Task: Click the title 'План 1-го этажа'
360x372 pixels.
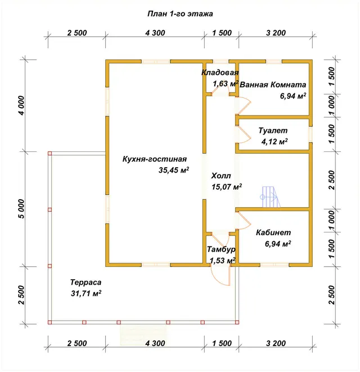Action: pyautogui.click(x=180, y=14)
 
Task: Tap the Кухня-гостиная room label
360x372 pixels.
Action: pyautogui.click(x=155, y=159)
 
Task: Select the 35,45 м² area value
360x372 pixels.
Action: pyautogui.click(x=174, y=170)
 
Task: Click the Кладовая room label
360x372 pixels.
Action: pyautogui.click(x=220, y=73)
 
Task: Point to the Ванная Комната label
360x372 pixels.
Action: pyautogui.click(x=273, y=84)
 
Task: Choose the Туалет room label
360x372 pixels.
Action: pyautogui.click(x=273, y=131)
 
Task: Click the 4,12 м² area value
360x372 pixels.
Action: pyautogui.click(x=274, y=141)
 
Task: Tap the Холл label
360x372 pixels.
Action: pyautogui.click(x=221, y=176)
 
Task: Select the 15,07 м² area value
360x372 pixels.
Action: pyautogui.click(x=227, y=187)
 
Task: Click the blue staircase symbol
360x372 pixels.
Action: pyautogui.click(x=271, y=196)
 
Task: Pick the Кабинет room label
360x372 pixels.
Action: pyautogui.click(x=273, y=232)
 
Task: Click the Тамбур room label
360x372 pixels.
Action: pyautogui.click(x=221, y=249)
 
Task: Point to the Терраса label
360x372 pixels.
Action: pyautogui.click(x=85, y=283)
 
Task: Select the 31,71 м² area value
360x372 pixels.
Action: pyautogui.click(x=86, y=293)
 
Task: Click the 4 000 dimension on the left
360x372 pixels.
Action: pyautogui.click(x=21, y=105)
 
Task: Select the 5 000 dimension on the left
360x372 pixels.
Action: pyautogui.click(x=21, y=209)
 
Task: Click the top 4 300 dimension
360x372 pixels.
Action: pyautogui.click(x=155, y=33)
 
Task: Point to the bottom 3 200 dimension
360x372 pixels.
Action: pyautogui.click(x=276, y=343)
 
